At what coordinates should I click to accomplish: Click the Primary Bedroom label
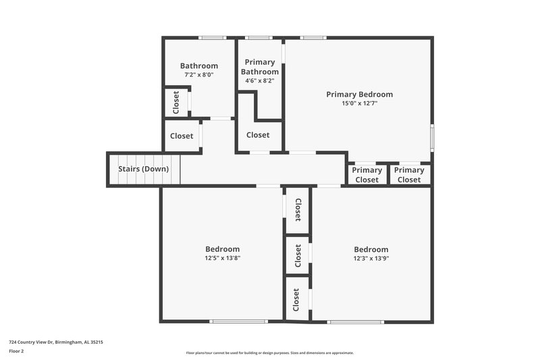click(359, 95)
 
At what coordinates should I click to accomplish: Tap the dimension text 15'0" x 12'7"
click(359, 104)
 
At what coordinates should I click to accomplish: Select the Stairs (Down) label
click(143, 169)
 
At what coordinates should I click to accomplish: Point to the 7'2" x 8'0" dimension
click(198, 75)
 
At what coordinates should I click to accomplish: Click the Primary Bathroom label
click(260, 67)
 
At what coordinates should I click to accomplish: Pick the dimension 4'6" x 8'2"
click(260, 81)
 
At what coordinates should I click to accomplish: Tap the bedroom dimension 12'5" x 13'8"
click(222, 258)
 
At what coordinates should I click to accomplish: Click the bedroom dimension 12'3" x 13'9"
click(371, 258)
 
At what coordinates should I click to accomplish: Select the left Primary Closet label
click(367, 175)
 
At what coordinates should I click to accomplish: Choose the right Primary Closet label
click(409, 175)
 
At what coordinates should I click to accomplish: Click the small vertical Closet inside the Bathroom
click(176, 102)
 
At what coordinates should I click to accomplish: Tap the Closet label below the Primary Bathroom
click(258, 135)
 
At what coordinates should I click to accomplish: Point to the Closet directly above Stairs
click(182, 136)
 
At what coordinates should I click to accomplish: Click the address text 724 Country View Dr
click(55, 342)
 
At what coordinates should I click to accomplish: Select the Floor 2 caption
click(16, 351)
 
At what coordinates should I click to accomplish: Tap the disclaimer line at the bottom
click(269, 353)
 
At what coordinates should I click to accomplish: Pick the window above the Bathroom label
click(212, 37)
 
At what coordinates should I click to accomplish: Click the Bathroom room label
click(198, 66)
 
